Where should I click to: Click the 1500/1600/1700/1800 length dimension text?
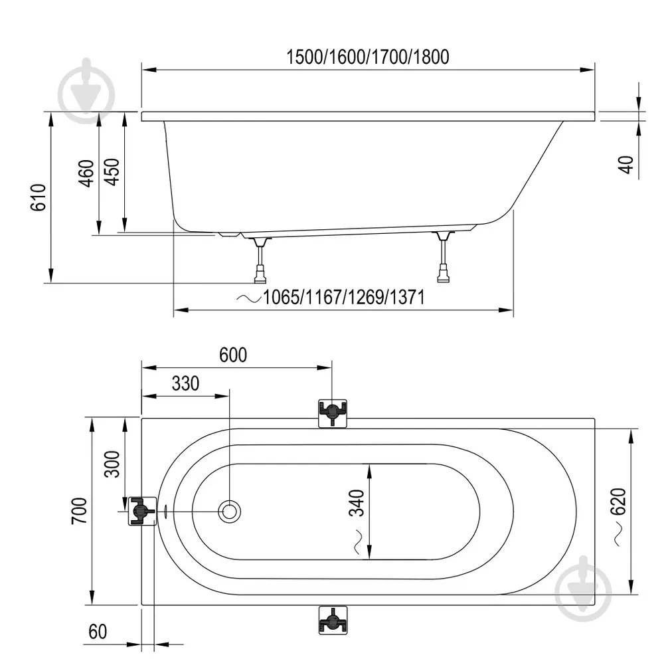click(367, 57)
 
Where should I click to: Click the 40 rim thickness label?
click(626, 164)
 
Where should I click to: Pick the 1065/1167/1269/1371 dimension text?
click(343, 297)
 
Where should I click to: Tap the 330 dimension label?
click(185, 384)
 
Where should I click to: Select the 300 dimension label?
click(112, 464)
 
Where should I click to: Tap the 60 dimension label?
click(98, 632)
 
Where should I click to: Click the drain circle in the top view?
click(230, 511)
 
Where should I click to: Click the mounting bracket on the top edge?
click(332, 413)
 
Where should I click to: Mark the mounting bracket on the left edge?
click(141, 511)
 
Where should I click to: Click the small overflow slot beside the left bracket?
click(166, 511)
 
